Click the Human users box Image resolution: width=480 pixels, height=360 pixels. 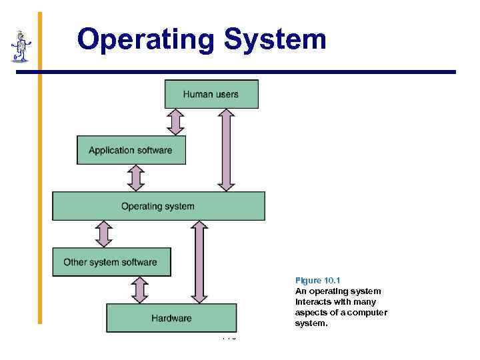[211, 94]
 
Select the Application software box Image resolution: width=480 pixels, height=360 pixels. [131, 150]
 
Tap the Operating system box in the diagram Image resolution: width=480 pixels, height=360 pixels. [158, 206]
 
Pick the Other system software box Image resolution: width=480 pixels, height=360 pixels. [111, 262]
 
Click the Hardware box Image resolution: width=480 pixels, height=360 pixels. [171, 318]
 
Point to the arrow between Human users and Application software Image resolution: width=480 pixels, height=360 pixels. [175, 122]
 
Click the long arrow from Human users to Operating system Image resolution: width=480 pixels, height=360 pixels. [226, 150]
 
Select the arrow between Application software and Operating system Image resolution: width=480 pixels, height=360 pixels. [136, 178]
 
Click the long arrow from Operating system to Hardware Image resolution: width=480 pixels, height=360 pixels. [199, 262]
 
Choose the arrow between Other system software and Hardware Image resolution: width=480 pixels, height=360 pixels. [140, 290]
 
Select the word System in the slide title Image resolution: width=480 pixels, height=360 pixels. [275, 39]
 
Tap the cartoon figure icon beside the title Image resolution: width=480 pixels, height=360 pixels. [21, 45]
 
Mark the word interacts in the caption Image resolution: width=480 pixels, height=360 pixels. [314, 302]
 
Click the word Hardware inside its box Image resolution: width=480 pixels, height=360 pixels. [171, 318]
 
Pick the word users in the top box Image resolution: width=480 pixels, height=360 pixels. [227, 94]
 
